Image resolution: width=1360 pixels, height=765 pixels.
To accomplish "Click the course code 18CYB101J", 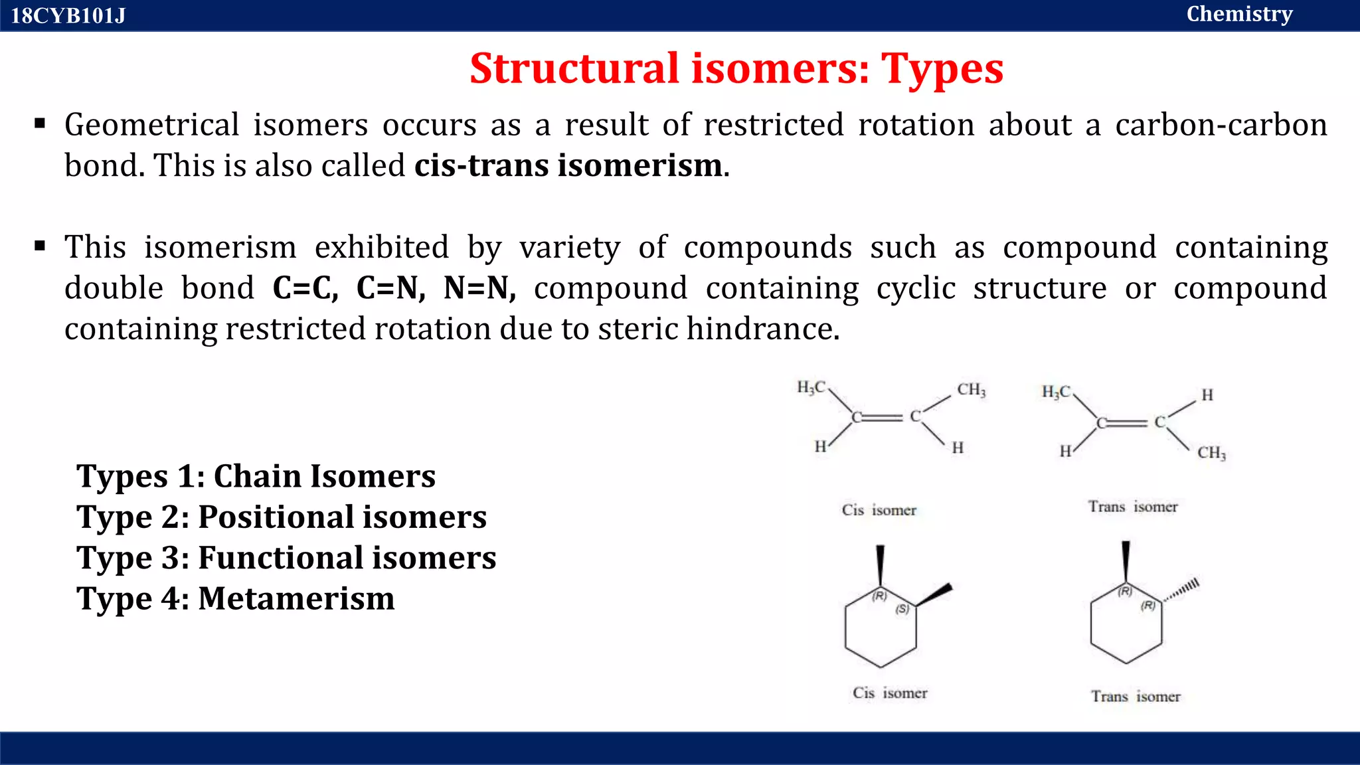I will click(68, 15).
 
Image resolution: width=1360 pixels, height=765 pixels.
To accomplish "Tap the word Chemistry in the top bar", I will click(1239, 14).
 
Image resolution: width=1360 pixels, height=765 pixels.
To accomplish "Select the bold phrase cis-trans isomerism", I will click(568, 165).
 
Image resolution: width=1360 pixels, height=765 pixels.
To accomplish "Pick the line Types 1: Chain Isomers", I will click(256, 476).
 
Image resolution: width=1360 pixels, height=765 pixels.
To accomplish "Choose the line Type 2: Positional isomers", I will click(282, 517).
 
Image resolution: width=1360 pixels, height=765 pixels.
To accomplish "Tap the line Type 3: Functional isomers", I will click(286, 558).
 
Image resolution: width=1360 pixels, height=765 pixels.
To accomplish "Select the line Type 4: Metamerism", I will click(236, 598).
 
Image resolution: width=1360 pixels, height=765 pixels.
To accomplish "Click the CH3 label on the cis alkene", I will click(972, 390).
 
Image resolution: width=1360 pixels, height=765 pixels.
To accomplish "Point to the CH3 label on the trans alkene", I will click(1211, 453).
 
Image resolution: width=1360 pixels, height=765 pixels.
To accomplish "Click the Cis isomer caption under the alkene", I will click(879, 510).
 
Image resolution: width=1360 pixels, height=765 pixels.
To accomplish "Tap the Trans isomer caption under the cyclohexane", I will click(1136, 696).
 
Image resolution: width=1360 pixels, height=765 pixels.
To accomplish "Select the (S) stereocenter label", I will click(902, 609).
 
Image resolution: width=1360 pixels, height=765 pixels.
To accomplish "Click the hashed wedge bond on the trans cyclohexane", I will click(1181, 590).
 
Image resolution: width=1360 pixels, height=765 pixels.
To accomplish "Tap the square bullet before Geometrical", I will click(41, 123).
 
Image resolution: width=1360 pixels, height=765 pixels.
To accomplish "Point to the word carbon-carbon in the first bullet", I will click(1221, 125).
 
